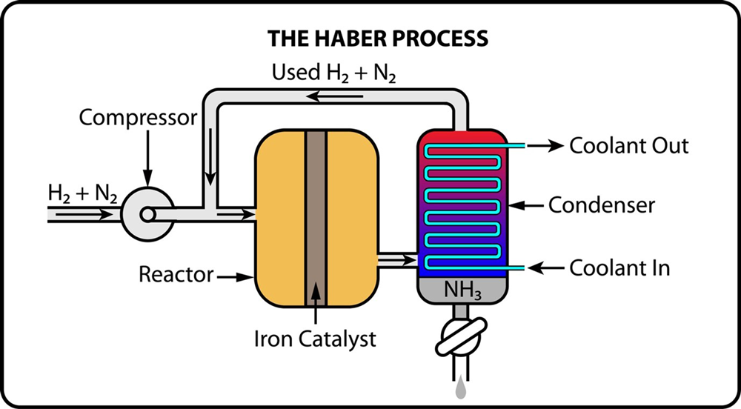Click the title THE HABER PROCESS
click(378, 39)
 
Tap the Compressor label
click(138, 118)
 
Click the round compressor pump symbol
click(147, 215)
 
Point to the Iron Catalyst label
click(315, 339)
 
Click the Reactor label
click(176, 274)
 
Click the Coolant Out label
click(628, 146)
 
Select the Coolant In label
click(619, 267)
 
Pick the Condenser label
click(602, 205)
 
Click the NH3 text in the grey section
click(462, 290)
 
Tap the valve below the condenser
click(461, 336)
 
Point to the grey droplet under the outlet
click(461, 390)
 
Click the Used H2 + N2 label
click(333, 73)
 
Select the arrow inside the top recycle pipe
click(335, 97)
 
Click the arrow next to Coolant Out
click(545, 146)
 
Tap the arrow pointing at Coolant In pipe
click(545, 268)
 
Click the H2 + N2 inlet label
click(82, 195)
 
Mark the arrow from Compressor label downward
click(148, 159)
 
